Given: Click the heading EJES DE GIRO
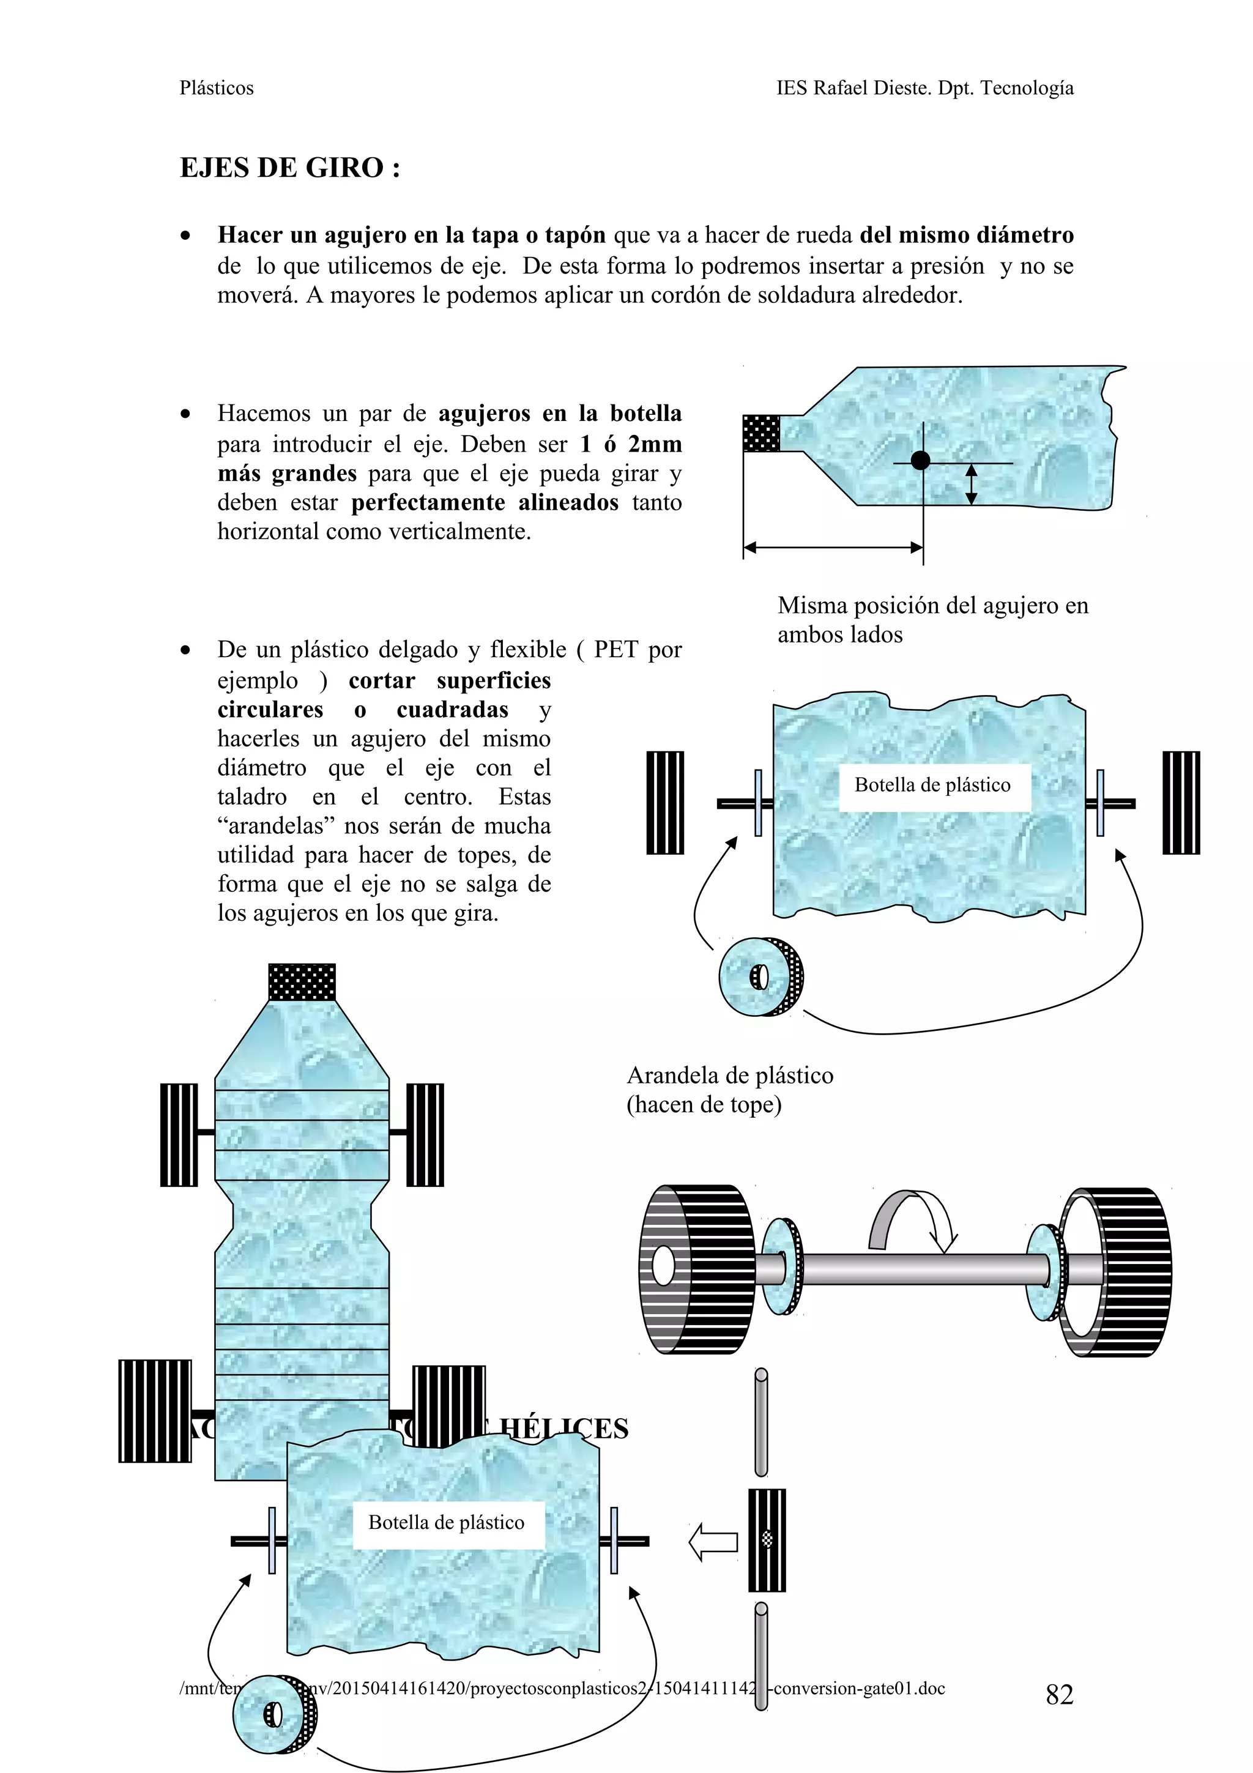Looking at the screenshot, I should coord(289,168).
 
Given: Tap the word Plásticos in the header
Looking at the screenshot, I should coord(216,88).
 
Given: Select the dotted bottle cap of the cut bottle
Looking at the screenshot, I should coord(761,433).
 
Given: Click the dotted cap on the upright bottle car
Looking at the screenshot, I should coord(302,981).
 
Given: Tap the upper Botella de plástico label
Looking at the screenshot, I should coord(932,786).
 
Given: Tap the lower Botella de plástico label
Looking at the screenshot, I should coord(446,1522).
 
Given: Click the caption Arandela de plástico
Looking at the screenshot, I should coord(729,1075).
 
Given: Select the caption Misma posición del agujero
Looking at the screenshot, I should coord(932,606).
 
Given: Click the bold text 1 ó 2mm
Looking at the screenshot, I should coord(631,444).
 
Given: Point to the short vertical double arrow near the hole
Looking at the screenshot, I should coord(971,484).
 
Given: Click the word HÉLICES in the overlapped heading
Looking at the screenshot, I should coord(563,1429).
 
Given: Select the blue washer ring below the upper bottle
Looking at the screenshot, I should coord(760,977).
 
